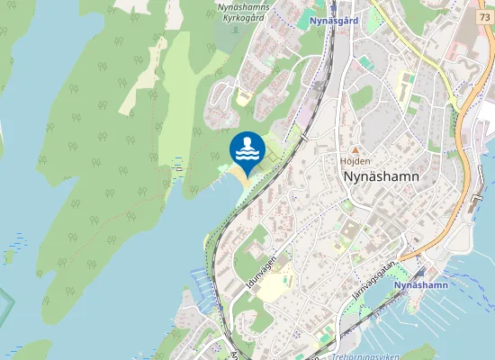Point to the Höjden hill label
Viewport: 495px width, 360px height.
click(x=355, y=161)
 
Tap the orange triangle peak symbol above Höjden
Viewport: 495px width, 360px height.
click(x=355, y=150)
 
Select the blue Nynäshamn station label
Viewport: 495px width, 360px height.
click(x=421, y=285)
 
